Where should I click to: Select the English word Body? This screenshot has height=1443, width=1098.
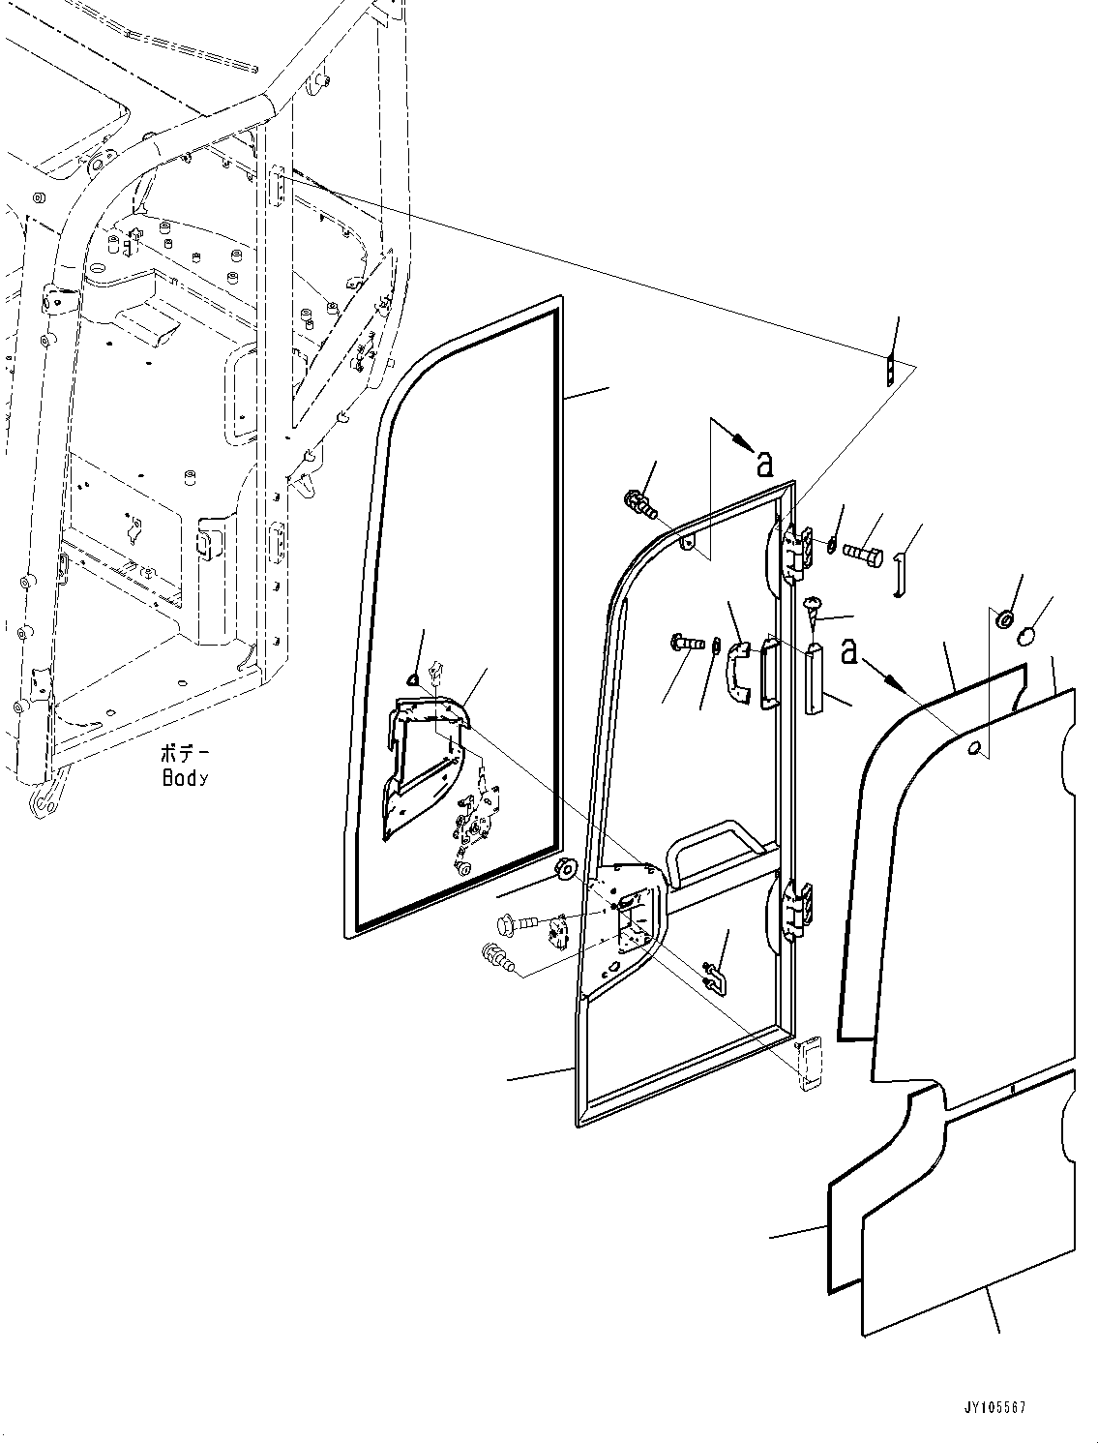184,777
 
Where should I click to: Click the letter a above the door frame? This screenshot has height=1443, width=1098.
764,466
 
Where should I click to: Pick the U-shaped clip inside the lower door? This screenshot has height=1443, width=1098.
714,977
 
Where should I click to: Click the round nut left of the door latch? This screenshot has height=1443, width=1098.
565,868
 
